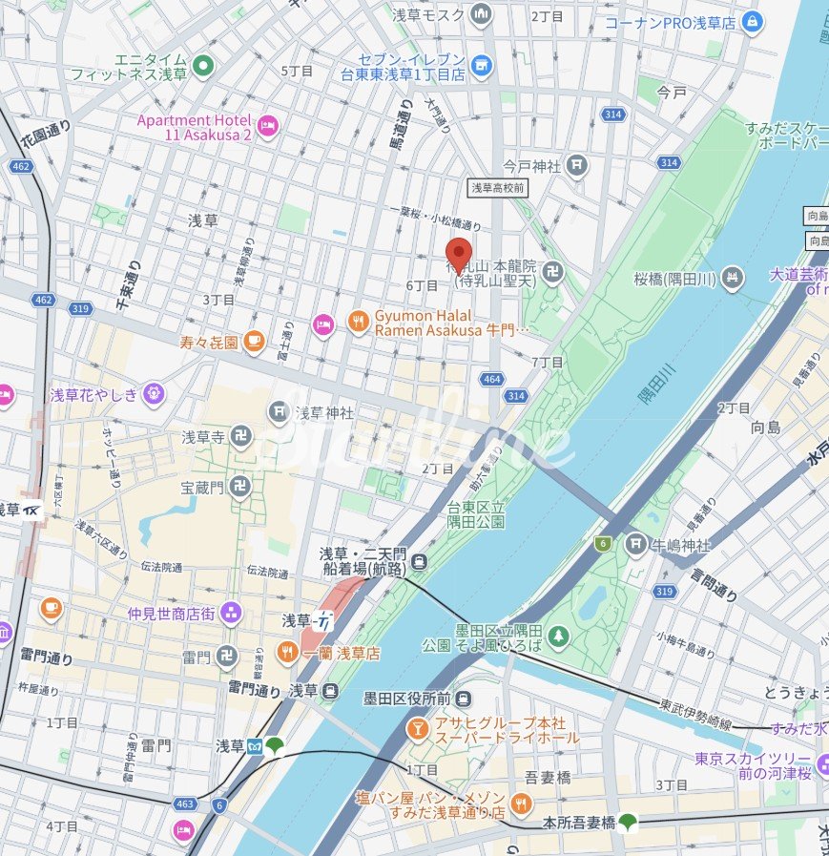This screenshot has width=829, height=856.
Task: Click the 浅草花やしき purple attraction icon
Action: [153, 393]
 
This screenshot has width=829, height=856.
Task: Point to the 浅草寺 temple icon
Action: [239, 437]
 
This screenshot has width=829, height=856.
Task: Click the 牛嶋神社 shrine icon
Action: [636, 545]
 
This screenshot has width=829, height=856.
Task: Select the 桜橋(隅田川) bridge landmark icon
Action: [732, 279]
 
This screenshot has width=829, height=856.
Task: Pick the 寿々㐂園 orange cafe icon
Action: [253, 341]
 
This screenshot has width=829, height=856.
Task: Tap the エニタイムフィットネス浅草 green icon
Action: [202, 66]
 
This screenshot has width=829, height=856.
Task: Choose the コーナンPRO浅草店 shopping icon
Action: [753, 21]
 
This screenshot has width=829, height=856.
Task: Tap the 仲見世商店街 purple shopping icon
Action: [230, 613]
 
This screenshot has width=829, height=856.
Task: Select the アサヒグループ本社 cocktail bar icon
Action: [417, 729]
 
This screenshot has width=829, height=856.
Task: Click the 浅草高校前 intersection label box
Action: [497, 188]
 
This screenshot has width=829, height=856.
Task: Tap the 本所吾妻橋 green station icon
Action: [627, 821]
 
